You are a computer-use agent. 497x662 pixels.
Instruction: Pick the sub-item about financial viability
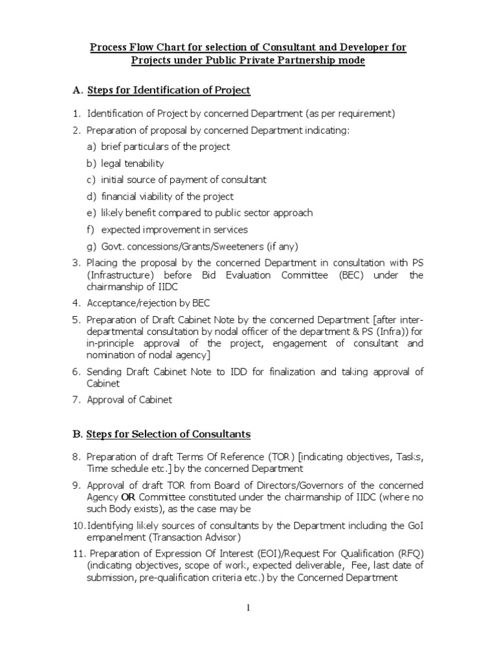167,197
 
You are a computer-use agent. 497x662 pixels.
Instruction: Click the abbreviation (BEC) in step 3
348,275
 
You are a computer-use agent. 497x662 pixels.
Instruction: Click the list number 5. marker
76,319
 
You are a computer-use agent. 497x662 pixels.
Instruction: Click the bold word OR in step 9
127,496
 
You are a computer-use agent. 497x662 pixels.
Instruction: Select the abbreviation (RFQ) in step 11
408,553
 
